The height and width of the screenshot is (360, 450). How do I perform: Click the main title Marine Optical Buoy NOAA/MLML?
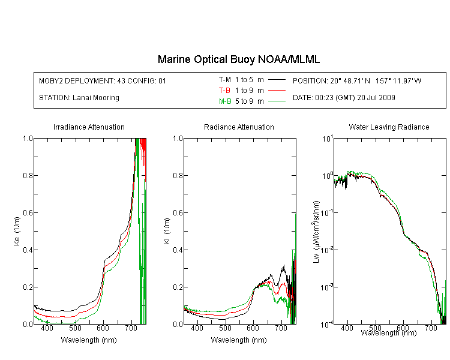coord(238,59)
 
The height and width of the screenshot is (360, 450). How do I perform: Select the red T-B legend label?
coord(224,91)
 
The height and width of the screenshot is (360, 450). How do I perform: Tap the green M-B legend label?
coord(225,101)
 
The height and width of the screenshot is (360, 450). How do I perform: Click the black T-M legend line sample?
coord(277,80)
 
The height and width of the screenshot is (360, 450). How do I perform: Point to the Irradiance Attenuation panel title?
coord(89,127)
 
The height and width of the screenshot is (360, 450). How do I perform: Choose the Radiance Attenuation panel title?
coord(239,127)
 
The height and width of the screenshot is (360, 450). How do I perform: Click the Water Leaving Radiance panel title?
coord(389,127)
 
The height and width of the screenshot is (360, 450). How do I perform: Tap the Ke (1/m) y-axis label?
coord(17,231)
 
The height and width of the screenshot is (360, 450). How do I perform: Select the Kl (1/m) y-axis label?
coord(167,231)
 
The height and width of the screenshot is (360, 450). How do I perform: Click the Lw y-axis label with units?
coord(316,232)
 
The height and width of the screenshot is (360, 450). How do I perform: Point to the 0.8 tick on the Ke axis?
coord(28,175)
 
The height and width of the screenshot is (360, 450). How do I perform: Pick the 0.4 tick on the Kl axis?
coord(178,250)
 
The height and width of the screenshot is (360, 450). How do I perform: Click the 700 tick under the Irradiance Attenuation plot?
coord(131,328)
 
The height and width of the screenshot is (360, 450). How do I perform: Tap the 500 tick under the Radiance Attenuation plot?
coord(225,328)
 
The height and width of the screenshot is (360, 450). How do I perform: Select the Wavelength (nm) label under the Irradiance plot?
coord(89,340)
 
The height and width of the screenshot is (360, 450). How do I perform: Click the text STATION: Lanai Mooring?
coord(79,98)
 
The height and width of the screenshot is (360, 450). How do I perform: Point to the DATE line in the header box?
coord(344,98)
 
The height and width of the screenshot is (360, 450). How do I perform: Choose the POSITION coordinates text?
coord(357,80)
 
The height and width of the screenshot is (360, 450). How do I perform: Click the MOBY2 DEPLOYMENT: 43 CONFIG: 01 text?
coord(103,80)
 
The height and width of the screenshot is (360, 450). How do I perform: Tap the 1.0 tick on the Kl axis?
coord(178,139)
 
